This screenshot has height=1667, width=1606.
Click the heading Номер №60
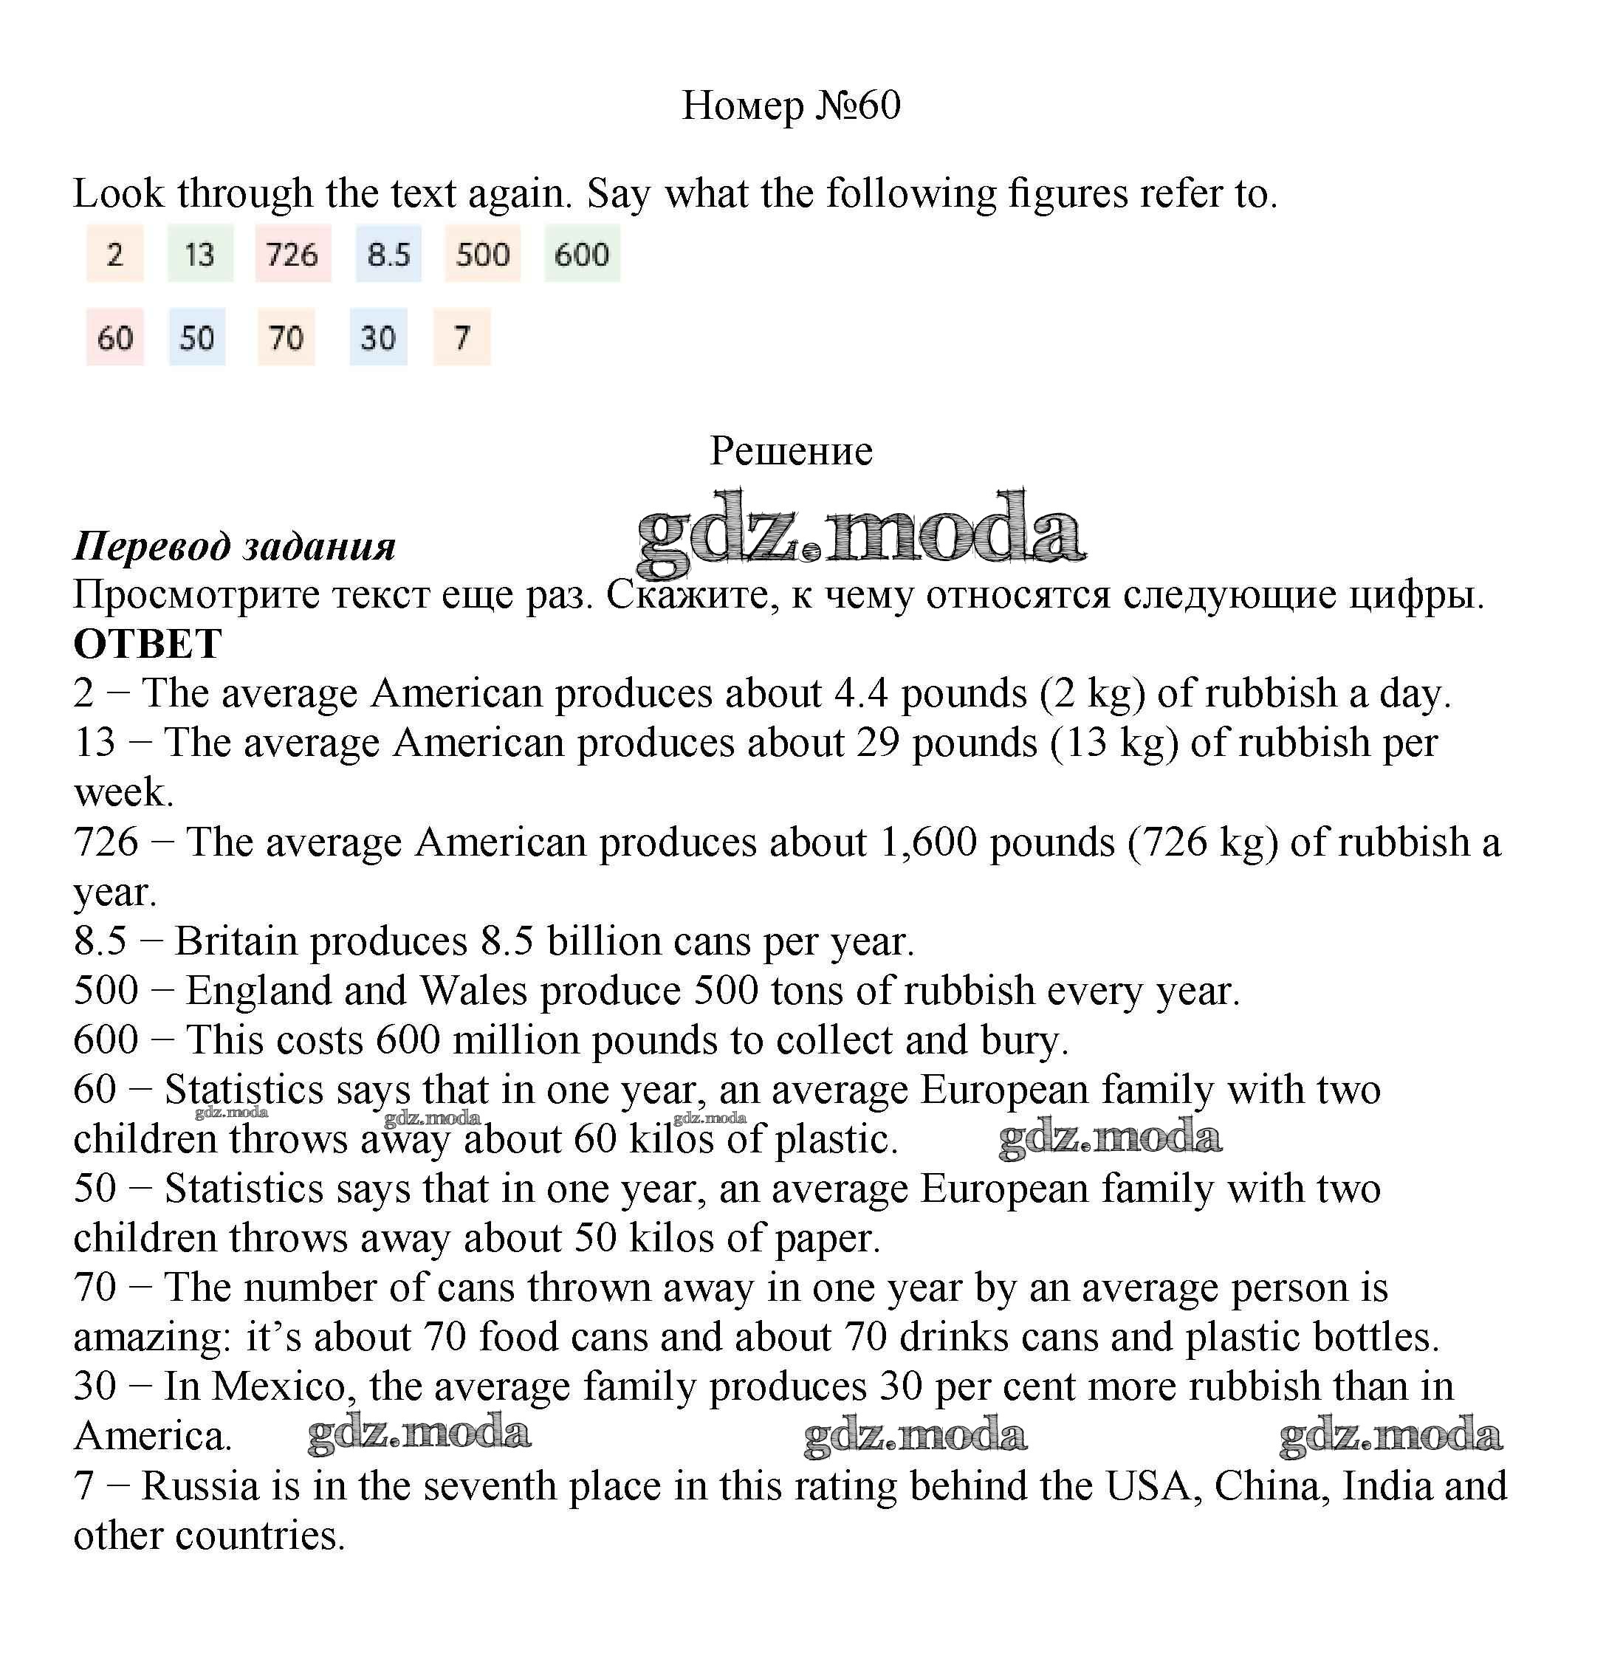click(790, 106)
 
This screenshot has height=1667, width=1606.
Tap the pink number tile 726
click(292, 253)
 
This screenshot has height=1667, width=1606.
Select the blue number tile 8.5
click(388, 253)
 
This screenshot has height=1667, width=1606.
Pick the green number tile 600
click(582, 253)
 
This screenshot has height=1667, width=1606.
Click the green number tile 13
click(200, 253)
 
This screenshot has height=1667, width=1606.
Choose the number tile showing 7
click(462, 337)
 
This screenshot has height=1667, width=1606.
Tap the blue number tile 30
click(377, 337)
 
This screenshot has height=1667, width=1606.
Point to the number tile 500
click(482, 253)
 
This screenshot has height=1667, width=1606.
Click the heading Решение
click(791, 451)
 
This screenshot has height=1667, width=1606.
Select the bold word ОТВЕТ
click(148, 644)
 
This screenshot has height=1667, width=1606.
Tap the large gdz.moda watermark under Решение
click(860, 532)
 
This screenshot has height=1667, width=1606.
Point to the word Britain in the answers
click(236, 941)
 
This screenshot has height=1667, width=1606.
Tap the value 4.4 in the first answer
click(861, 693)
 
